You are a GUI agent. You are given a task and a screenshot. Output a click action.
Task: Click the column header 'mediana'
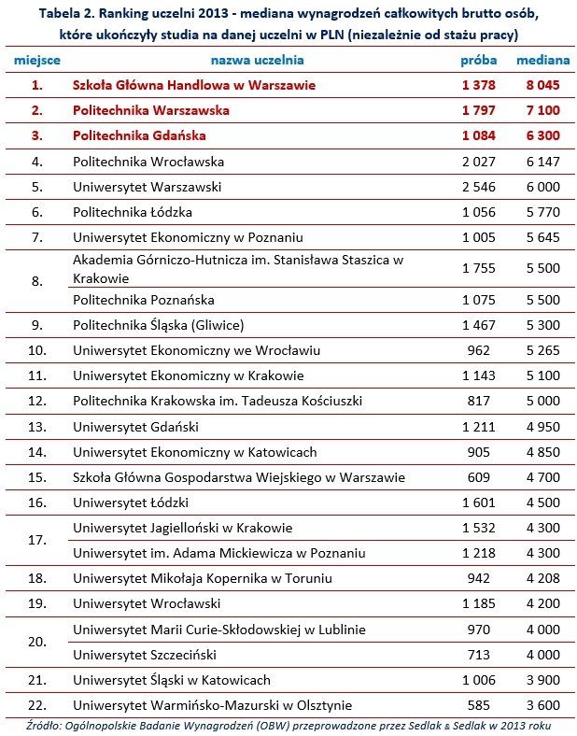pyautogui.click(x=542, y=60)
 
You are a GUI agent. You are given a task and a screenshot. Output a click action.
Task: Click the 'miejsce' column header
pyautogui.click(x=37, y=60)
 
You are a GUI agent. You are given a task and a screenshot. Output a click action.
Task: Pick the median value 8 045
pyautogui.click(x=542, y=85)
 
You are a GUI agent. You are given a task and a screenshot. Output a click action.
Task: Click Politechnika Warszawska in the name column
pyautogui.click(x=150, y=110)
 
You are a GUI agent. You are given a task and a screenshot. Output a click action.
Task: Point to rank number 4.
pyautogui.click(x=37, y=162)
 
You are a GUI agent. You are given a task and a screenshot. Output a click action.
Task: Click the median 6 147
pyautogui.click(x=542, y=162)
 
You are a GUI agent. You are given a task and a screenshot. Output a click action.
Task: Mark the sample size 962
pyautogui.click(x=478, y=351)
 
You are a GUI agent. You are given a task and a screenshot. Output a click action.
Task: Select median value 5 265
pyautogui.click(x=542, y=351)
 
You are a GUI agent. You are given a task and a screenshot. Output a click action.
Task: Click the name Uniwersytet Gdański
pyautogui.click(x=135, y=427)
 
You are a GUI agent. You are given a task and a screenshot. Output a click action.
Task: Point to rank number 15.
pyautogui.click(x=37, y=477)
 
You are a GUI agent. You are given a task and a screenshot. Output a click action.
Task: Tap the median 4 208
pyautogui.click(x=542, y=578)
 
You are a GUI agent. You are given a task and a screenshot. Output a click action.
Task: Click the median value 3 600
pyautogui.click(x=542, y=704)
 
